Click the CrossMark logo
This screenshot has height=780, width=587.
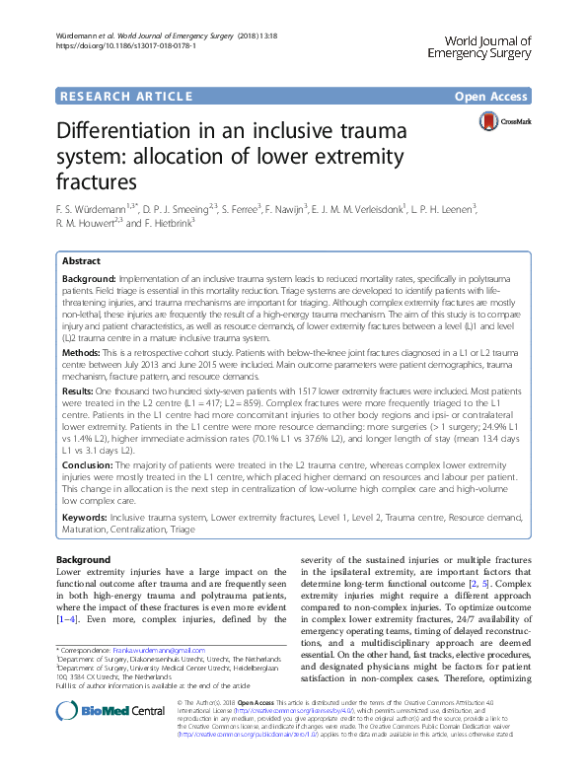click(500, 120)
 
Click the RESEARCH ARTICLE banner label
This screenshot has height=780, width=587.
click(125, 96)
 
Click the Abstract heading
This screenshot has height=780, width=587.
click(81, 261)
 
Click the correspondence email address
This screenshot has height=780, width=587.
click(190, 651)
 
